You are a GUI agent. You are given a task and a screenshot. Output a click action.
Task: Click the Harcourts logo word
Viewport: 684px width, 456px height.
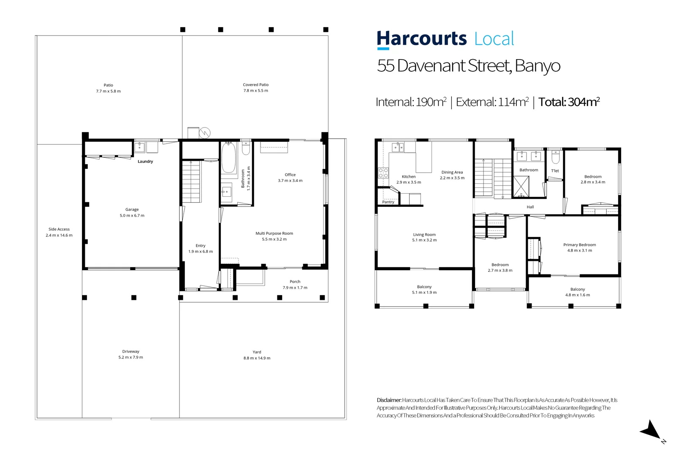click(x=421, y=39)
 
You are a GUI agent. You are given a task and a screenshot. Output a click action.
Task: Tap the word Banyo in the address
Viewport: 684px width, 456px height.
click(x=537, y=66)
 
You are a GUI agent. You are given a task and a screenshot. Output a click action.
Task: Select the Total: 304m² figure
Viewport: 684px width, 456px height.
click(x=569, y=102)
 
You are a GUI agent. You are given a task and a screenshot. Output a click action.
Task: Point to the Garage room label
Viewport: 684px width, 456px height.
click(x=132, y=209)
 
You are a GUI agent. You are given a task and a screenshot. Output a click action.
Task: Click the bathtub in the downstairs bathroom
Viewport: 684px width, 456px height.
click(x=228, y=158)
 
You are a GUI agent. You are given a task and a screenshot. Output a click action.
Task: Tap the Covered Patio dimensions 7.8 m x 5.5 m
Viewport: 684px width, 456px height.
click(x=255, y=91)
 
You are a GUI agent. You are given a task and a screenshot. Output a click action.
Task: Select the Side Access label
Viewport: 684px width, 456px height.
click(x=59, y=229)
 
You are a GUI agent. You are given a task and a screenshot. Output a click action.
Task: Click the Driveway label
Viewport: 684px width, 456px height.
click(x=130, y=351)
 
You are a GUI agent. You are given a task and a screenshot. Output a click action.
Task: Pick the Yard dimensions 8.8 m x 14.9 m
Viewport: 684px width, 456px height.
click(x=257, y=358)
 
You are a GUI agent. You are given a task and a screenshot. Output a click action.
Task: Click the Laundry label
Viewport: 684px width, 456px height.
click(x=145, y=162)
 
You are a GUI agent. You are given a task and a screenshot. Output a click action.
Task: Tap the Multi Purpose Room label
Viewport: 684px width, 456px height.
click(x=274, y=233)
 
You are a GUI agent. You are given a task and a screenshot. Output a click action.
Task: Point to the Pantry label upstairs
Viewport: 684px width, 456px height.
click(x=388, y=202)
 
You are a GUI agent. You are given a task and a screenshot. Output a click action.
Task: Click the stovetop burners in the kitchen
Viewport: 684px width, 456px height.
click(x=383, y=173)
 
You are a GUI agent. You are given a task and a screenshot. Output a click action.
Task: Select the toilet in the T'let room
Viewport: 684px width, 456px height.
click(x=556, y=157)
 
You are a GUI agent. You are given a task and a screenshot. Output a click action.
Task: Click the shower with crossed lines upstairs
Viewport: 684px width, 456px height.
click(x=521, y=186)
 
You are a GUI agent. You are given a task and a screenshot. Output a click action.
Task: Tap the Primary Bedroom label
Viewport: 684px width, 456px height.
click(x=579, y=245)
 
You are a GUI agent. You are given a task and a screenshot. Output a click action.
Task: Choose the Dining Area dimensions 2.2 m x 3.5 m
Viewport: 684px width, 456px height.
click(x=452, y=178)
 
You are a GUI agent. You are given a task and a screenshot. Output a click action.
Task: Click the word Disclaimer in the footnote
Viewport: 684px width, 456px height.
click(x=389, y=400)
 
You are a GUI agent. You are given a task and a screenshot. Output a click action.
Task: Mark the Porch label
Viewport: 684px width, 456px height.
click(x=295, y=282)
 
